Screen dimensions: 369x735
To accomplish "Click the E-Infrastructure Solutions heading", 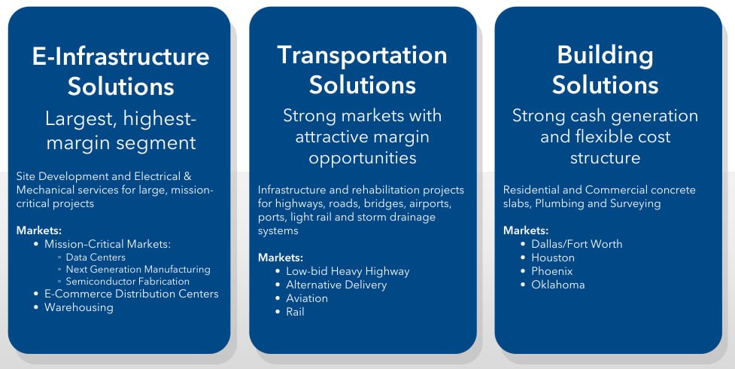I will [x=120, y=71].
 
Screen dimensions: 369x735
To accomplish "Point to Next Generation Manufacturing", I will [x=138, y=269].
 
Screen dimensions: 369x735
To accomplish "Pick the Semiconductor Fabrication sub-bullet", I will [x=128, y=281].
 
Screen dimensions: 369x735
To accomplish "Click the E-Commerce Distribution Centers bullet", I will [x=131, y=294].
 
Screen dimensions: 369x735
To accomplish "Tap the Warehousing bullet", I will [x=78, y=307].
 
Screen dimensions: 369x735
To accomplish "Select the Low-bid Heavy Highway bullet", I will [x=348, y=271].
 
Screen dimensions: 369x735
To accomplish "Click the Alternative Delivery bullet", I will [x=336, y=285].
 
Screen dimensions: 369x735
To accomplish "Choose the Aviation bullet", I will [x=307, y=298].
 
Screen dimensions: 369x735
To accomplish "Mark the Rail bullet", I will [x=295, y=312].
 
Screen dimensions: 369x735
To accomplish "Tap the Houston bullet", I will [x=552, y=258].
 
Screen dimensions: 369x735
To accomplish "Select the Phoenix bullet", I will [x=551, y=271].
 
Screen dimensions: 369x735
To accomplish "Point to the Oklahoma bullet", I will [x=557, y=285].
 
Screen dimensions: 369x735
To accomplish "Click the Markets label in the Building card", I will [x=526, y=230].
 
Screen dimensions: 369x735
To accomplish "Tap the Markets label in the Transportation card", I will [x=281, y=258].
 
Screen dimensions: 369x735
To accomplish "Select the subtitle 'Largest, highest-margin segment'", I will [x=120, y=130].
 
